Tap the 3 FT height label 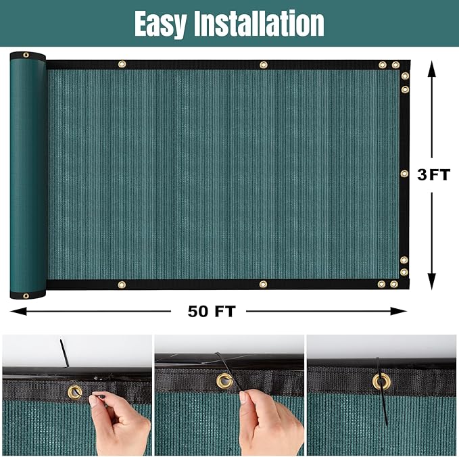[x=433, y=175]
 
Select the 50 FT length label [x=211, y=312]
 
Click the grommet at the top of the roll [x=26, y=55]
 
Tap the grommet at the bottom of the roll [x=26, y=295]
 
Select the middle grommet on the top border [x=263, y=65]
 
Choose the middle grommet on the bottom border [x=263, y=284]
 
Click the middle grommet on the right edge [x=404, y=174]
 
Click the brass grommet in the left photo [x=73, y=391]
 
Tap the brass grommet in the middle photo [x=224, y=381]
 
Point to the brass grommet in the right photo [x=381, y=381]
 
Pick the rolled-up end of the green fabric [x=28, y=176]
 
